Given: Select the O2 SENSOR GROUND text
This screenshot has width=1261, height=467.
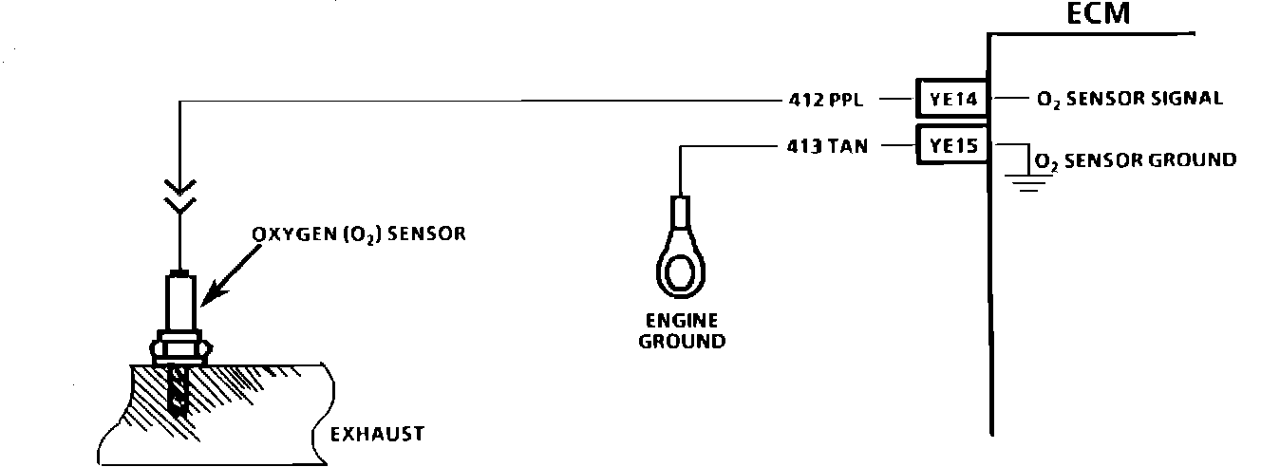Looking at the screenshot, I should (1136, 160).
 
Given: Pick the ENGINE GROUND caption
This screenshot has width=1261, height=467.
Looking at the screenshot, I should (681, 329).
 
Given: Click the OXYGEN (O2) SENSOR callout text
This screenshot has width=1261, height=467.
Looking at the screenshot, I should (359, 233).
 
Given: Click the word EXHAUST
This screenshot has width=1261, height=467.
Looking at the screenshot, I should (377, 434).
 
